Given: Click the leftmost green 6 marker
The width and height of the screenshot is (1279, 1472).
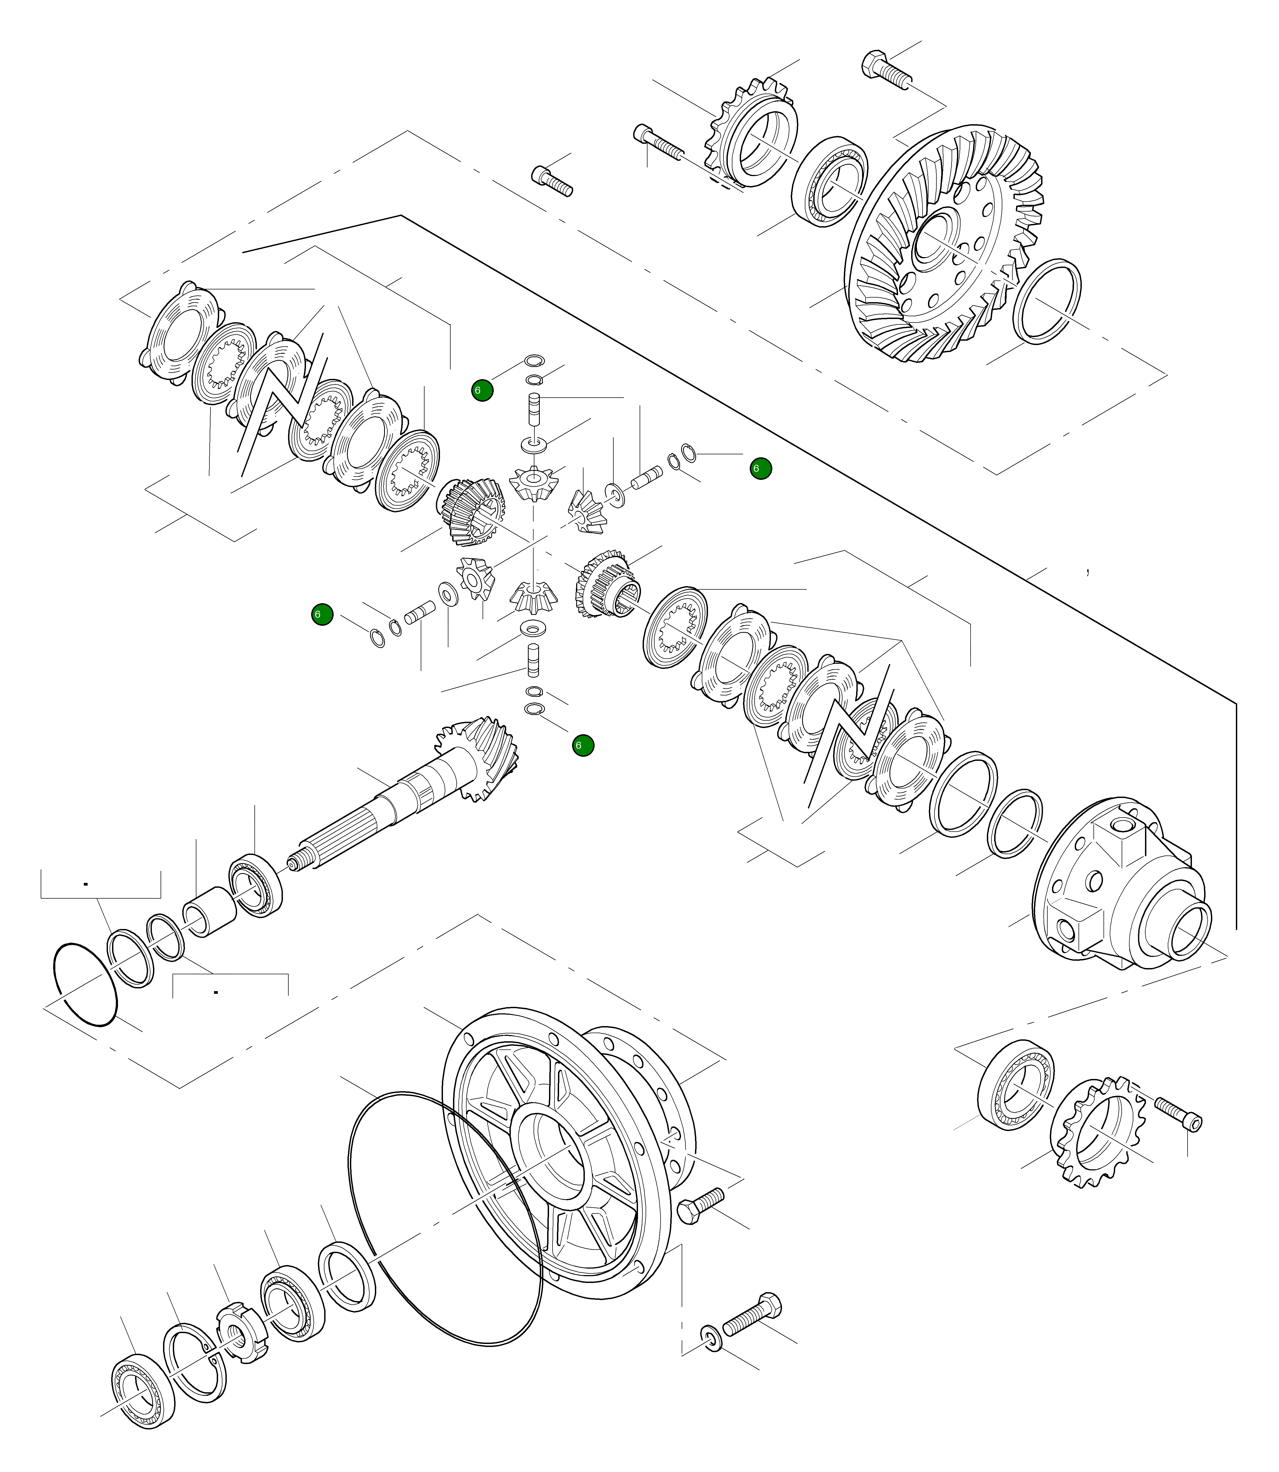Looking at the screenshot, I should click(x=323, y=614).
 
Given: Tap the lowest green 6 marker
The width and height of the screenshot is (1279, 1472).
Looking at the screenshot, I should click(x=583, y=746).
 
